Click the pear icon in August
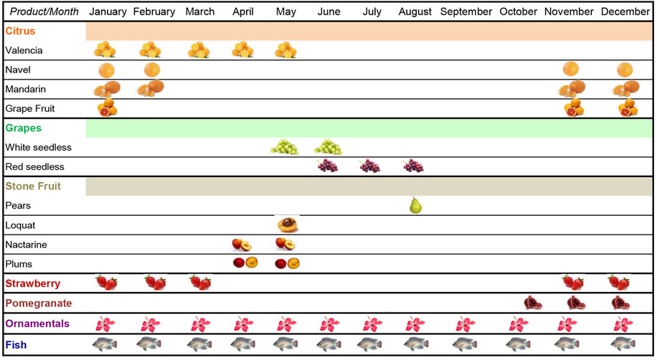coord(415,205)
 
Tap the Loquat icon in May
coord(288,224)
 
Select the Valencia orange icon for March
coord(198,50)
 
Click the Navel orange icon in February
coord(152,70)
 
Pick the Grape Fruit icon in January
coord(107,108)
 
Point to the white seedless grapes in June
coord(328,147)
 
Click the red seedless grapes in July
coord(370,166)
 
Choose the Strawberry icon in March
coord(200,282)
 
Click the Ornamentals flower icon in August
coord(414,324)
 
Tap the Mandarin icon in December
coord(625,89)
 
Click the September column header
coord(466,12)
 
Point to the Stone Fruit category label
coord(33,186)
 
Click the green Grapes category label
coord(24,128)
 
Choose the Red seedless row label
coord(34,167)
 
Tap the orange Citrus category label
coord(20,32)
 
